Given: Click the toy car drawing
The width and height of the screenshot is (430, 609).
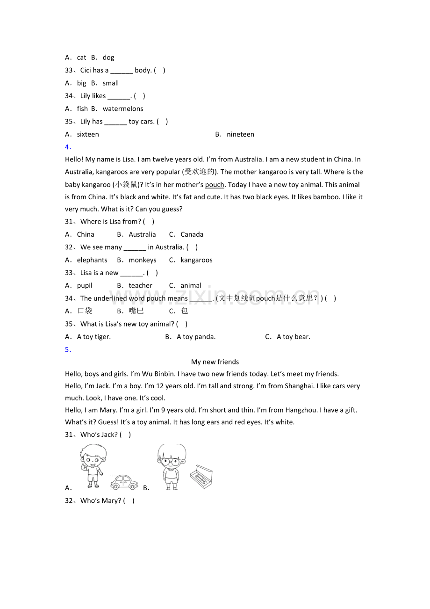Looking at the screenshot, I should coord(124,482).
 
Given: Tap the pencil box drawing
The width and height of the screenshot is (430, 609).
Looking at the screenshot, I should coord(201,477).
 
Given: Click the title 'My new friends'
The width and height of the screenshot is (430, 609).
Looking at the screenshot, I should coord(215,362).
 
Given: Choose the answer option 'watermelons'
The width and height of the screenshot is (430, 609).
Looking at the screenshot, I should coord(123,109).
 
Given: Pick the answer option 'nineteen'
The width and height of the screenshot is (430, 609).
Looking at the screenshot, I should coord(240,134).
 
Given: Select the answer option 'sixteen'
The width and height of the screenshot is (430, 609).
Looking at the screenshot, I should coord(88,134).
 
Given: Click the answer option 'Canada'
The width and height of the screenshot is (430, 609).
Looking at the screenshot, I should coord(192,234).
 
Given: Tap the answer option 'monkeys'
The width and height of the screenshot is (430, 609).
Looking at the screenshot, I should coord(143,260).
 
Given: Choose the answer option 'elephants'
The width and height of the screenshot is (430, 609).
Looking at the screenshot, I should coord(92,260).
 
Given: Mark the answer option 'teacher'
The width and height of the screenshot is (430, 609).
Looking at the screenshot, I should coord(141,285).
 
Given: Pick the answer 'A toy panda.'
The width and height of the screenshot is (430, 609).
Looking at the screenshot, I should coord(196,337).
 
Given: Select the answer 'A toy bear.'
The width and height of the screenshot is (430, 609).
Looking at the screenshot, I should coord(294,337).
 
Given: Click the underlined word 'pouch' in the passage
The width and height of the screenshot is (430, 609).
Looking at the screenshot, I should coord(215,185).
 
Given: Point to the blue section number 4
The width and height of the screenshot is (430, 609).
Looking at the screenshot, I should coord(67,147).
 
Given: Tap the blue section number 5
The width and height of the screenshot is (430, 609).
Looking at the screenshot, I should coord(67,349).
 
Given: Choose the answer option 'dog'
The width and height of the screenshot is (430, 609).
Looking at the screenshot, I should coord(108,58).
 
